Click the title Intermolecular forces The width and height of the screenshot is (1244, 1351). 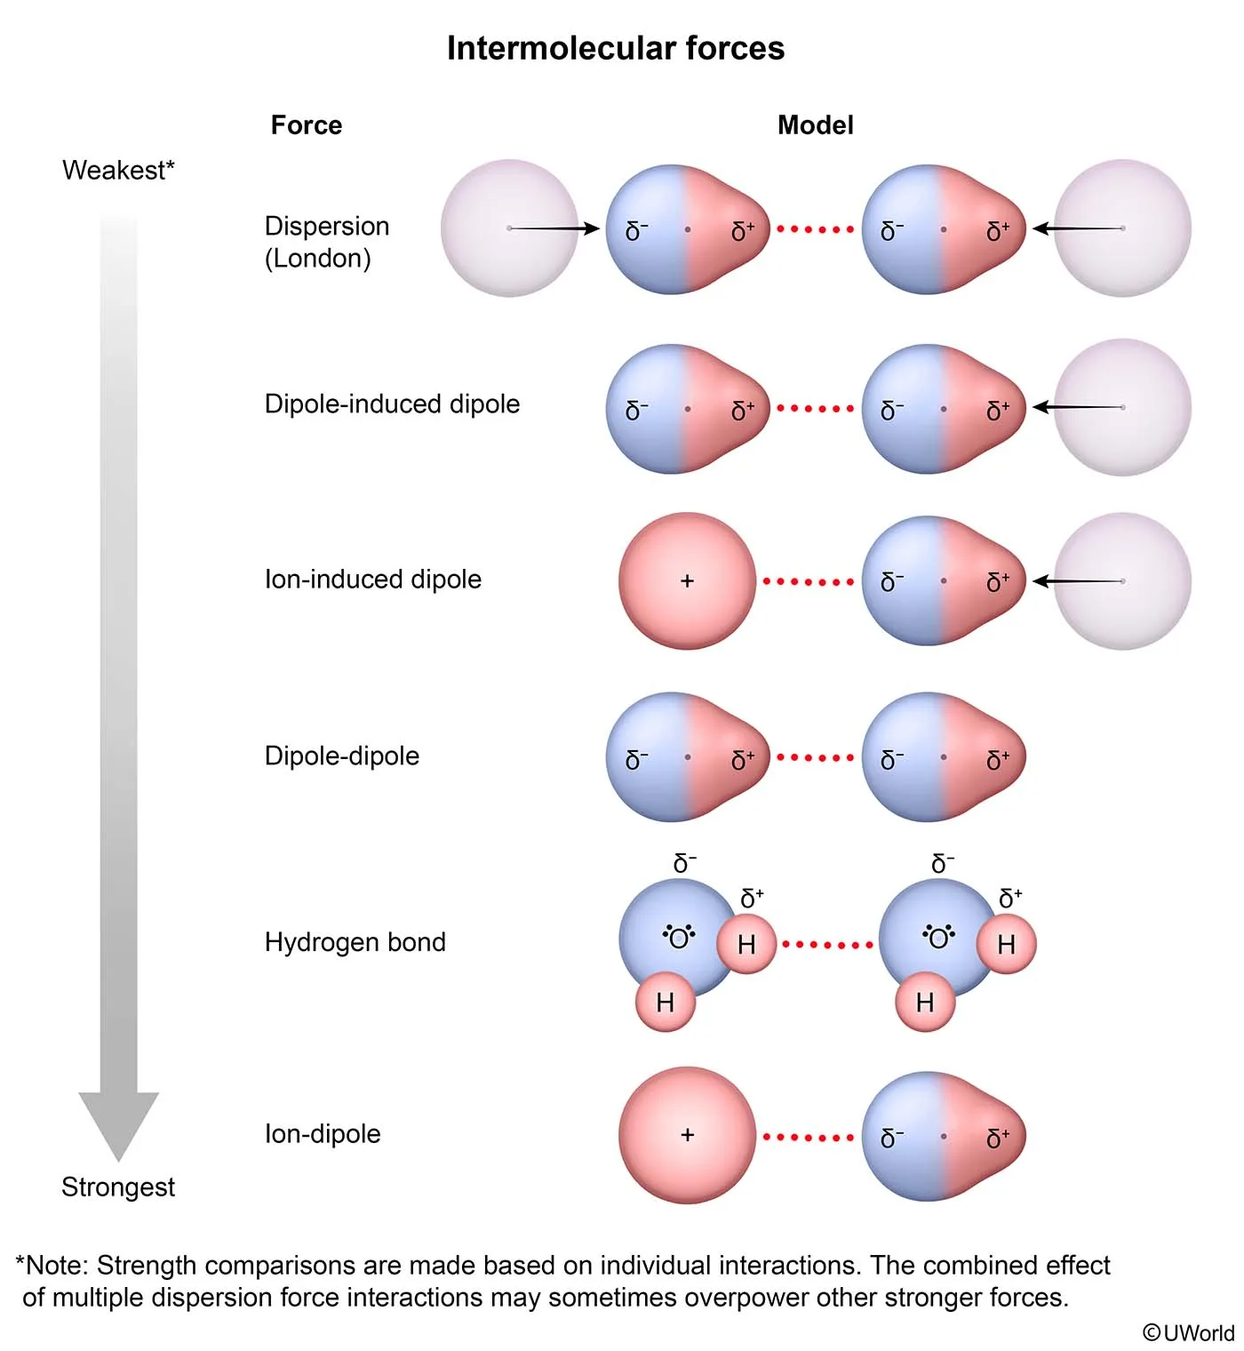615,48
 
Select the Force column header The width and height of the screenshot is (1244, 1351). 306,125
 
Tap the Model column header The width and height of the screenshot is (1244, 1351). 815,125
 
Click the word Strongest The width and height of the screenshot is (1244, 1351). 118,1187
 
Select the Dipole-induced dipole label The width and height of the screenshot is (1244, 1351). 392,404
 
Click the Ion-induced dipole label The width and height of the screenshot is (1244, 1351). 372,580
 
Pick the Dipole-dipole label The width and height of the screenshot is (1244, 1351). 341,756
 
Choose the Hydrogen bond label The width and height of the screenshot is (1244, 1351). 355,942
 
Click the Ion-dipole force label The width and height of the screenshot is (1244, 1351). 322,1134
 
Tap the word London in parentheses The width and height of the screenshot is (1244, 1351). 317,259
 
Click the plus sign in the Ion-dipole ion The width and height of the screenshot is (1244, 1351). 687,1135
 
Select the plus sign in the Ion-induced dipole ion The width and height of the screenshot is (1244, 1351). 687,581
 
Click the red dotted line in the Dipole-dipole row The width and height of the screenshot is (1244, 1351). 815,758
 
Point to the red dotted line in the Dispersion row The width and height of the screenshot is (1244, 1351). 815,229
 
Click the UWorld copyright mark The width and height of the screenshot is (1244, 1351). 1188,1332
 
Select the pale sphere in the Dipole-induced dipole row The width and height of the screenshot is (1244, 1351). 1123,407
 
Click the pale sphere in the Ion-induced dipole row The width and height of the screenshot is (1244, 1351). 1123,581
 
